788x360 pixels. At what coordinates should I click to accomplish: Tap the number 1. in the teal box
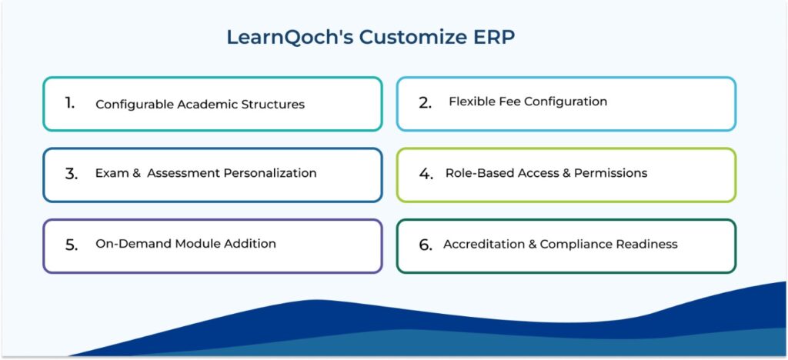[x=70, y=103]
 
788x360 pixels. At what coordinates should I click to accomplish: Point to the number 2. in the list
[x=425, y=102]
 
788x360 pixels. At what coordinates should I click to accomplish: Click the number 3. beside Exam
[x=72, y=174]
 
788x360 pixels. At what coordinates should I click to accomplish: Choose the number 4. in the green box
[x=426, y=174]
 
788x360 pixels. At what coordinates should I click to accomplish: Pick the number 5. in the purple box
[x=72, y=245]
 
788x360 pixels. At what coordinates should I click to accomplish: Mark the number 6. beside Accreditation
[x=426, y=245]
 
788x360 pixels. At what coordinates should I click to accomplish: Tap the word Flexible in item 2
[x=472, y=102]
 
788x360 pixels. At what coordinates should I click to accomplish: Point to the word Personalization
[x=270, y=173]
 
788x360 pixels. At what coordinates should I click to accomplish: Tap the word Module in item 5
[x=194, y=244]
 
